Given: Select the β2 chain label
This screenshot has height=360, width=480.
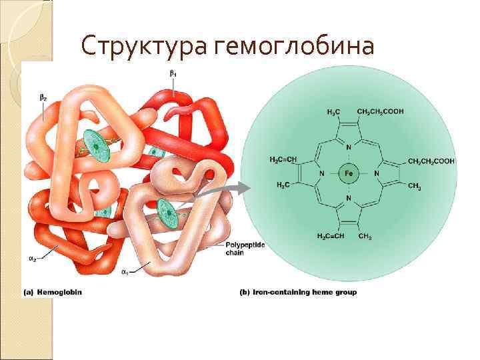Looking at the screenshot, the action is pyautogui.click(x=43, y=97).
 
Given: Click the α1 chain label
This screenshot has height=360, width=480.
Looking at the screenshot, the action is pyautogui.click(x=125, y=272).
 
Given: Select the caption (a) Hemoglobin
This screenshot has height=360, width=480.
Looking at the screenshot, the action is pyautogui.click(x=53, y=292).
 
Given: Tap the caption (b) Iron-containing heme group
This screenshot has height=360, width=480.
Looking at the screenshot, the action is pyautogui.click(x=298, y=292).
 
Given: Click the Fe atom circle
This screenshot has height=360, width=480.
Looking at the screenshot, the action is pyautogui.click(x=349, y=173).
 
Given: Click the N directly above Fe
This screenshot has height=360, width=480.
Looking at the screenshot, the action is pyautogui.click(x=349, y=147).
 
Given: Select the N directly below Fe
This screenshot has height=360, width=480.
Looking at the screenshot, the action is pyautogui.click(x=349, y=199).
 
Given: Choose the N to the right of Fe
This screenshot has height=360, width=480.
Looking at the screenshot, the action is pyautogui.click(x=376, y=173).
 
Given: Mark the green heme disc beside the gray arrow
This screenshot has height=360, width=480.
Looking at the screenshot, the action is pyautogui.click(x=167, y=215).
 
